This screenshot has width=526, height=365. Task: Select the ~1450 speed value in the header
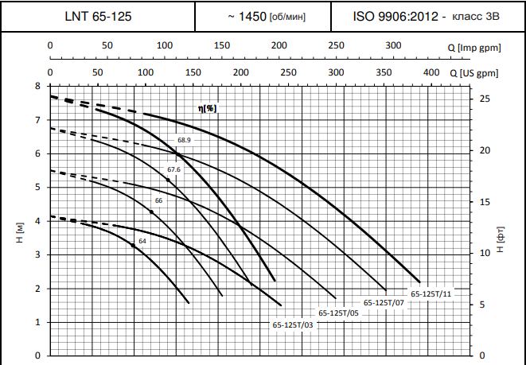(x=255, y=16)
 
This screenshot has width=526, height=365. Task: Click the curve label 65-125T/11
(x=431, y=294)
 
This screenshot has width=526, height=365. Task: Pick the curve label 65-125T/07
(x=384, y=303)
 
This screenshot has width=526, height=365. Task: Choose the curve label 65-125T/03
(x=293, y=324)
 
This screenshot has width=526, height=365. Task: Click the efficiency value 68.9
(x=184, y=141)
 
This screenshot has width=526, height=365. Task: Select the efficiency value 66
(x=158, y=200)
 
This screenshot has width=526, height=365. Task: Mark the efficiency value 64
(x=142, y=241)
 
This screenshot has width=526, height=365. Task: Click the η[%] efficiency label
(x=208, y=107)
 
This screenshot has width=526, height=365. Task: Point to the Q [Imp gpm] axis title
(x=474, y=49)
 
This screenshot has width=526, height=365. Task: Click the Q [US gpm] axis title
(x=475, y=73)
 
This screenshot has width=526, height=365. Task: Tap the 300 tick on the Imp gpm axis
(x=393, y=45)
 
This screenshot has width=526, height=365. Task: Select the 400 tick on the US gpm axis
(x=431, y=72)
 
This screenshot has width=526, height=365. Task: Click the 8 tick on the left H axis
(x=37, y=86)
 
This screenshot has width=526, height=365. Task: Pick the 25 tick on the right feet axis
(x=487, y=99)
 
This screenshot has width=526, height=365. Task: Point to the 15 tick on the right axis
(x=487, y=202)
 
